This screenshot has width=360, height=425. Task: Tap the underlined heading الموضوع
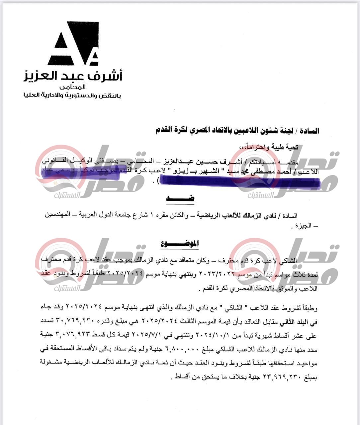[179, 243]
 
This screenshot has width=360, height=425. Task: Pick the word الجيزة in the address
[302, 226]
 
